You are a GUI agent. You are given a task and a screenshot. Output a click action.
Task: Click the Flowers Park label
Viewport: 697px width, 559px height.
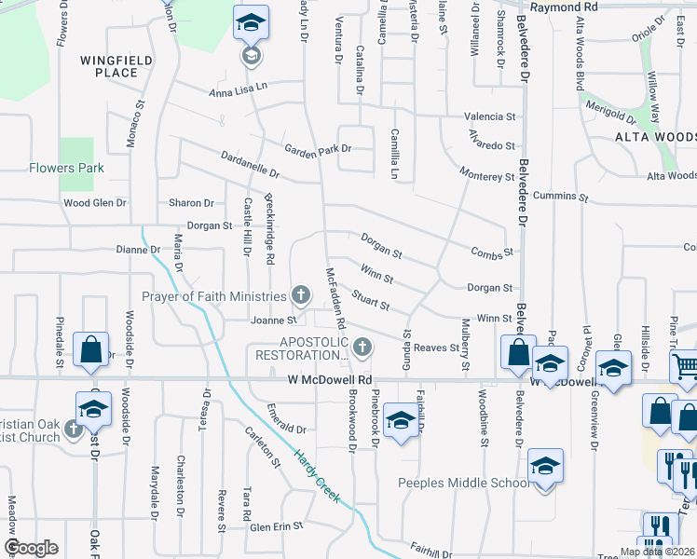[65, 169]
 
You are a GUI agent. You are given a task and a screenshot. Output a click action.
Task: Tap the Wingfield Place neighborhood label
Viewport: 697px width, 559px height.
[109, 66]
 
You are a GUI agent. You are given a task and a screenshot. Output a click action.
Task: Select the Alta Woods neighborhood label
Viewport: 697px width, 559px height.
[654, 138]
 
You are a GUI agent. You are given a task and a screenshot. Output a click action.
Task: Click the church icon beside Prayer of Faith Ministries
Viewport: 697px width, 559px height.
[300, 296]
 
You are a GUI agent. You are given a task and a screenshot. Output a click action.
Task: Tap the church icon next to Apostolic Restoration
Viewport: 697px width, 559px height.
[362, 348]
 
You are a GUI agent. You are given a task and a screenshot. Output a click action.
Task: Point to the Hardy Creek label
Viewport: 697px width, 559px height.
[311, 471]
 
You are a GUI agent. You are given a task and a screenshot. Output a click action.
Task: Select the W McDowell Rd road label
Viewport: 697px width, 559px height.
[330, 380]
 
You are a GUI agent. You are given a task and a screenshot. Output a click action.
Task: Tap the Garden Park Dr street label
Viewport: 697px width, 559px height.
[318, 148]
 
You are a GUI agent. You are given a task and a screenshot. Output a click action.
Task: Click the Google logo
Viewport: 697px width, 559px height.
[32, 548]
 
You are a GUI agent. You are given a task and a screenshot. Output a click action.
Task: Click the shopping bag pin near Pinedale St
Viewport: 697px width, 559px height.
[91, 349]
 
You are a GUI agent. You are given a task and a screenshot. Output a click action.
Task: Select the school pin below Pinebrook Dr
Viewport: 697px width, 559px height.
[401, 422]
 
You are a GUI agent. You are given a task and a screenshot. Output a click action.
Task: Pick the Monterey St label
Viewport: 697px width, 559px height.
[486, 176]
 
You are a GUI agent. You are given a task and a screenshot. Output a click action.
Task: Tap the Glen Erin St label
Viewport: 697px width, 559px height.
[277, 526]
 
